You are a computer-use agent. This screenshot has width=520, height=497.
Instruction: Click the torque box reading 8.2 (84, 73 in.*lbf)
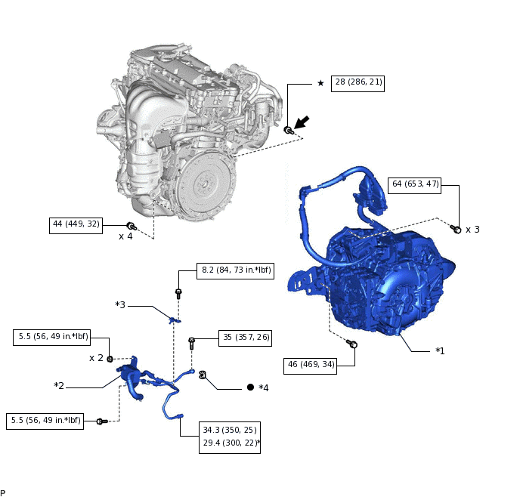point(236,270)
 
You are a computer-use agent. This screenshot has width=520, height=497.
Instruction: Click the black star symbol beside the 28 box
point(320,83)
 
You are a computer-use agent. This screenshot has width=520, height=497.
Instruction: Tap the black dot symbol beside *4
point(250,387)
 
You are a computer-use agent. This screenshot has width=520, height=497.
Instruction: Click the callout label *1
point(439,351)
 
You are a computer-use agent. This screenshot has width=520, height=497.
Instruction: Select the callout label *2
point(59,386)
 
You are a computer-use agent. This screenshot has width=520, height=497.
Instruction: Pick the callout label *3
point(120,305)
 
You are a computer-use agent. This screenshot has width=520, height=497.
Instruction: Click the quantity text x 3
point(472,230)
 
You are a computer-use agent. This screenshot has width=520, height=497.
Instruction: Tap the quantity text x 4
point(125,236)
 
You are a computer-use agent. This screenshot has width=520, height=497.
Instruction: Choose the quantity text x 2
point(96,358)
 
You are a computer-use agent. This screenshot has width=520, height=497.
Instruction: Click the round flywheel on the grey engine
point(203,184)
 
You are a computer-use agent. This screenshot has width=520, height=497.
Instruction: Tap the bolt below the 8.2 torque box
point(178,292)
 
